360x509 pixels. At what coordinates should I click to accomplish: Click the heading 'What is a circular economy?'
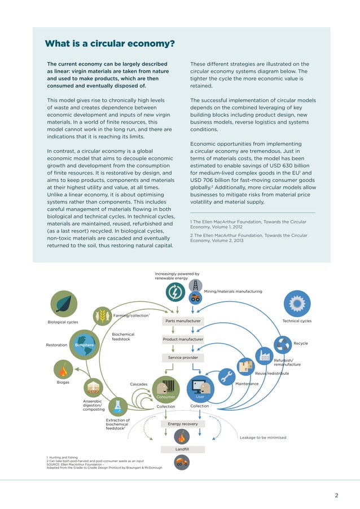click(109, 44)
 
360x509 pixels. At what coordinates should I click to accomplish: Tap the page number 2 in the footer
click(336, 495)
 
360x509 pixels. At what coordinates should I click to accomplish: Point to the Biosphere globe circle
click(84, 345)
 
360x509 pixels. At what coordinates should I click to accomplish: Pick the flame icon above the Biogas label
click(64, 370)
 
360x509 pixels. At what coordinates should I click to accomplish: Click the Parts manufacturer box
click(182, 321)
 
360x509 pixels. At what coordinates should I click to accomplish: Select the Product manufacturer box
click(182, 339)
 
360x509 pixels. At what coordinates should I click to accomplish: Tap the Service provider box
click(182, 358)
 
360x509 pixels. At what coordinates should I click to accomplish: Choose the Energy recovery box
click(182, 424)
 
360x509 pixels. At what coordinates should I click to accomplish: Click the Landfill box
click(182, 449)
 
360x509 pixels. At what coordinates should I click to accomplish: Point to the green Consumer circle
click(166, 390)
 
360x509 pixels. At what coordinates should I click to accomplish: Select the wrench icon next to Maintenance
click(227, 376)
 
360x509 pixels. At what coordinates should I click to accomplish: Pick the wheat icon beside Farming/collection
click(102, 316)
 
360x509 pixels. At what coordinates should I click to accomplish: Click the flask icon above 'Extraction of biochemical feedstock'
click(118, 406)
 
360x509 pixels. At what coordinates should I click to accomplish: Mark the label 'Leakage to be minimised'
click(262, 437)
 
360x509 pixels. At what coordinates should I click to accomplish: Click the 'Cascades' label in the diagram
click(139, 384)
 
